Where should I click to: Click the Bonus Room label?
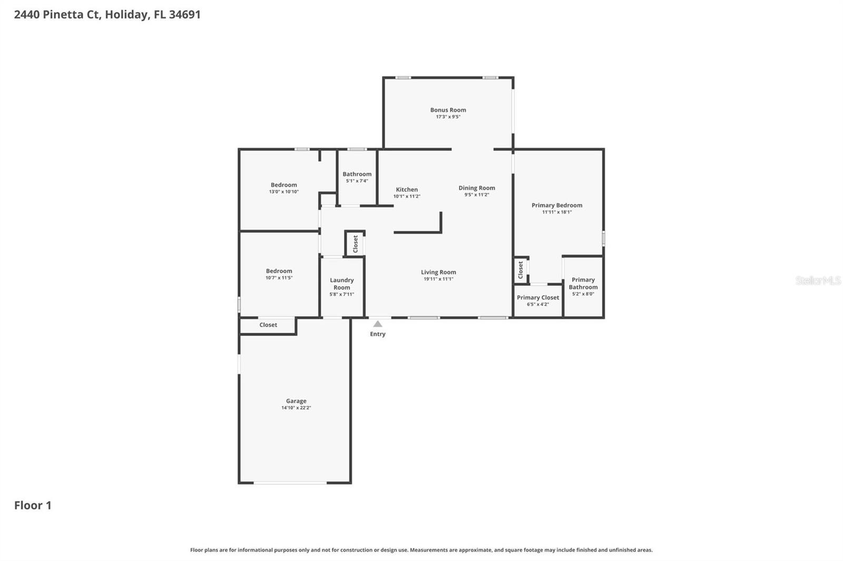448,110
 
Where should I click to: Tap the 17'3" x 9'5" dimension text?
448,117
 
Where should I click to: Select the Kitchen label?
407,189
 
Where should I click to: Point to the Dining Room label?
476,188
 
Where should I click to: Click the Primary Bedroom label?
556,205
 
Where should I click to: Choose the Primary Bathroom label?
583,283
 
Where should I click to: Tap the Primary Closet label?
537,297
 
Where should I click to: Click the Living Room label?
438,272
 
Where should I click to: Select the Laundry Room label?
341,284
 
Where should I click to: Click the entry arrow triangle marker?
378,324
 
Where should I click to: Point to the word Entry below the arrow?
378,334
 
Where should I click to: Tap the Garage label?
296,401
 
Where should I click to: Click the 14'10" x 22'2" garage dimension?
296,408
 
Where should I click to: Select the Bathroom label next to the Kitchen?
357,174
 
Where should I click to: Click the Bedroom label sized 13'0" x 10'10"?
283,185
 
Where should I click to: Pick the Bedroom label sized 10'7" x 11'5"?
279,271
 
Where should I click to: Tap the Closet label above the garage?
268,325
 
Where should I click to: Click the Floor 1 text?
33,505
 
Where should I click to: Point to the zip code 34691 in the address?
184,14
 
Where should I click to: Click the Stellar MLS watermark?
818,280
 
